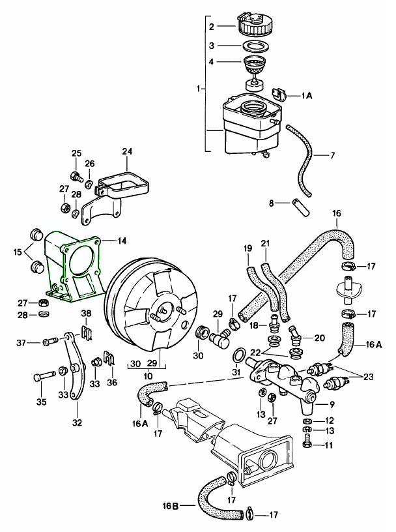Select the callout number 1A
pos(306,95)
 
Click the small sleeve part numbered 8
pos(301,206)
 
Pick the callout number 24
pos(127,153)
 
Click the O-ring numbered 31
pos(239,355)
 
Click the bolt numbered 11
pos(308,445)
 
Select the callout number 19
pos(247,248)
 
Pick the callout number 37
pos(20,342)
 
